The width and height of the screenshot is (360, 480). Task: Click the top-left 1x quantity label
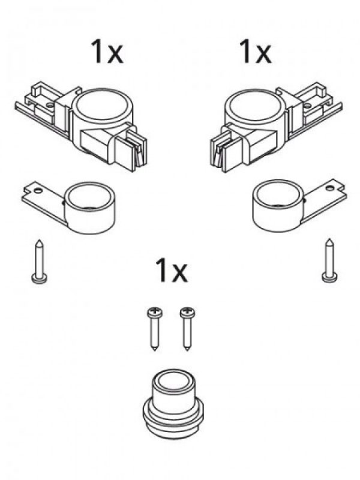(x=107, y=52)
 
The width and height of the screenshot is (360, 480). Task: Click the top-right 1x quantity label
(x=255, y=52)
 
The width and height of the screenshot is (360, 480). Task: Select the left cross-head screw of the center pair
(x=154, y=329)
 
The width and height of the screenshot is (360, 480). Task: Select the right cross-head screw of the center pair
(x=187, y=329)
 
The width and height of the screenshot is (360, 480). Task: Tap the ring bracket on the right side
(x=298, y=206)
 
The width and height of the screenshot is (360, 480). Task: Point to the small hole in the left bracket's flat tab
(x=37, y=190)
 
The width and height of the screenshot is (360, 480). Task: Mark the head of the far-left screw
(x=39, y=279)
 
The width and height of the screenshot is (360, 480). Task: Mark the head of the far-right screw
(x=329, y=278)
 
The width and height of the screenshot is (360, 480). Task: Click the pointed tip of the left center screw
(x=155, y=350)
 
